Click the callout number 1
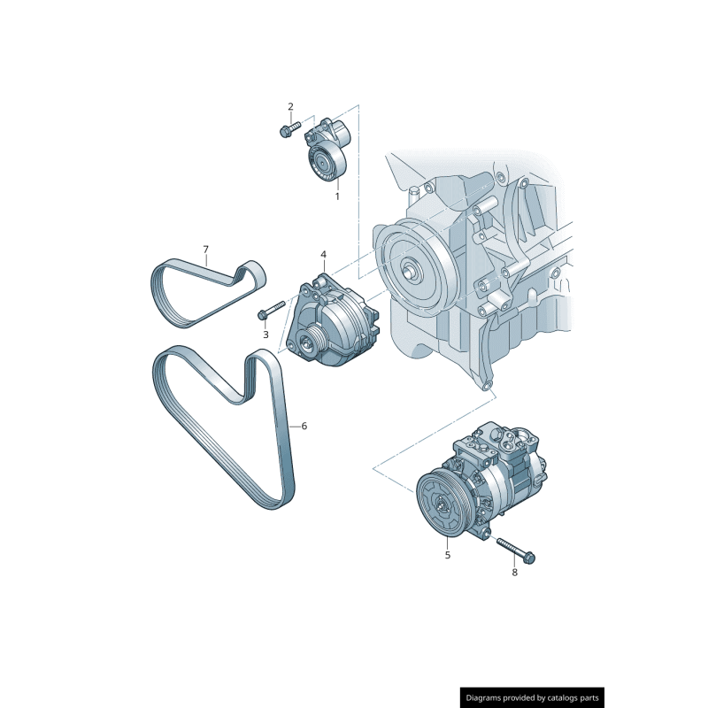tap(336, 196)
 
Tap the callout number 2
tap(290, 107)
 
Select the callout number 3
tap(265, 335)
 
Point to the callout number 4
tap(323, 254)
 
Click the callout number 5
tap(447, 555)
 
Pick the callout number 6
tap(304, 426)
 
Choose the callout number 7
tap(205, 250)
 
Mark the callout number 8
tap(514, 572)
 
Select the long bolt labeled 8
tap(516, 550)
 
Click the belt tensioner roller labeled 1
tap(322, 162)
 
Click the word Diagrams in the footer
tap(489, 697)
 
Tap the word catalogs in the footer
tap(560, 697)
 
